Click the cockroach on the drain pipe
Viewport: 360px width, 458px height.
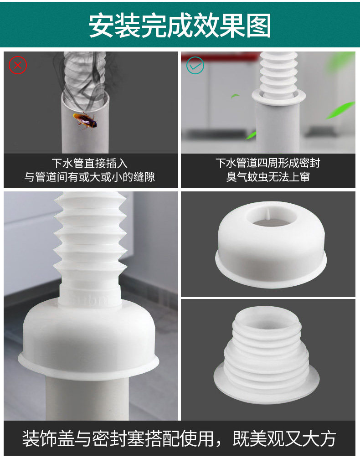coord(85,120)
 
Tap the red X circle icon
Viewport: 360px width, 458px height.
coord(18,65)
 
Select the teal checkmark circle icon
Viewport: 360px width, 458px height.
coord(195,65)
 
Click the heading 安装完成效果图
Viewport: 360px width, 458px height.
coord(180,26)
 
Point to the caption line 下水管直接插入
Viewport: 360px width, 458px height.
coord(90,163)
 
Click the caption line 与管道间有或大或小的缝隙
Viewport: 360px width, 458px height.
coord(90,177)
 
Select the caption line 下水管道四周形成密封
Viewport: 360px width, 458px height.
coord(268,163)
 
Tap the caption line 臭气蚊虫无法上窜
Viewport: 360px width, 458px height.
coord(268,177)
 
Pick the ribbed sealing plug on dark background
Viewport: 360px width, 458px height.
coord(266,354)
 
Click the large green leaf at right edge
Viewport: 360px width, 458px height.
coord(340,110)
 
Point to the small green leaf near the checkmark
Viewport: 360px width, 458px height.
coord(235,96)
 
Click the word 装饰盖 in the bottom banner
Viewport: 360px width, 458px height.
coord(48,438)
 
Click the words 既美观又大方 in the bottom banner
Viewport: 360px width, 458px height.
coord(285,438)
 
